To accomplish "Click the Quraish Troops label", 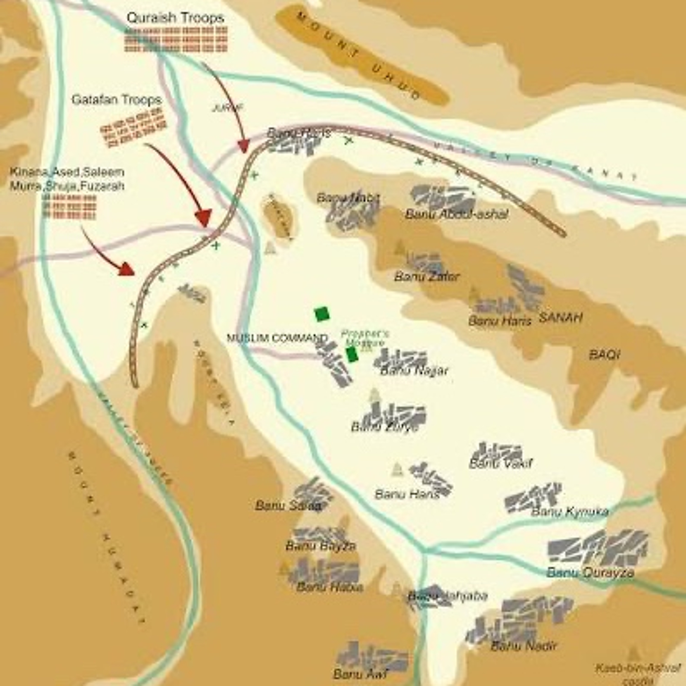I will pyautogui.click(x=175, y=18).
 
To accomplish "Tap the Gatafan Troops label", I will pyautogui.click(x=116, y=100).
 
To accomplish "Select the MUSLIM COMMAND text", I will pyautogui.click(x=277, y=338).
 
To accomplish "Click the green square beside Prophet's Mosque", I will pyautogui.click(x=351, y=354).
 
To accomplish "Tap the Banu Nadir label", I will pyautogui.click(x=524, y=636).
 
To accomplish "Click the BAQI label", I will pyautogui.click(x=604, y=354).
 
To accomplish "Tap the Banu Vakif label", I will pyautogui.click(x=501, y=463).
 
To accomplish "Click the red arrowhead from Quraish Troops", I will pyautogui.click(x=244, y=146).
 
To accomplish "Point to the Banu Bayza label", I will pyautogui.click(x=320, y=546).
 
